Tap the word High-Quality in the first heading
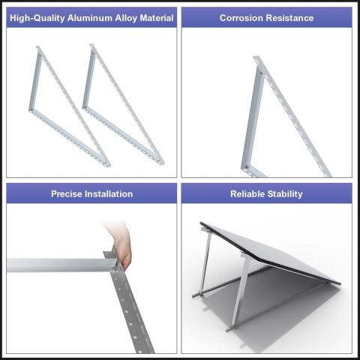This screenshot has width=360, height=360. coord(37,18)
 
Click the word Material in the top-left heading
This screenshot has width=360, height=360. coord(157,18)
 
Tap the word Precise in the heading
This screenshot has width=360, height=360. coord(67,194)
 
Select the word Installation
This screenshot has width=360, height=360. coord(109,194)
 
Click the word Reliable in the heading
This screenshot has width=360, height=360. coord(247,194)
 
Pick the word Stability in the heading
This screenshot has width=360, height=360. coord(285,194)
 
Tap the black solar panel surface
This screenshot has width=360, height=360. coord(270,250)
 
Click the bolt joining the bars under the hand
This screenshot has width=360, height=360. coord(114,268)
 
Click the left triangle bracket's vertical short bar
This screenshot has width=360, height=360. coord(34,81)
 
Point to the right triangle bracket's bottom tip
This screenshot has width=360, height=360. coord(162,163)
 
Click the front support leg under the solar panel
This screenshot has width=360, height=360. coord(241,291)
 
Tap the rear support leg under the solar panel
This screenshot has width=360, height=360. coord(205,262)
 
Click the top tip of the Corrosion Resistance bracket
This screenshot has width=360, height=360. coord(256,58)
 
